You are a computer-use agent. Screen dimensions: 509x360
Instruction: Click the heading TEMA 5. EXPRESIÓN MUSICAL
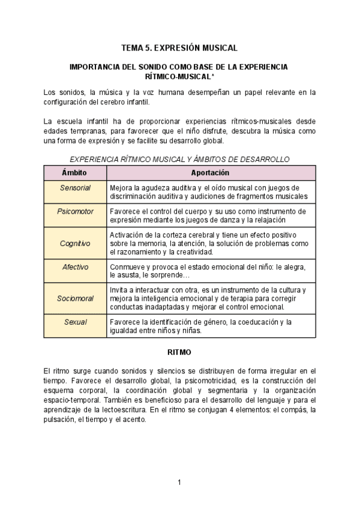[x=179, y=47]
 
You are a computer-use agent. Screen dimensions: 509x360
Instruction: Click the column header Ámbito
[x=74, y=173]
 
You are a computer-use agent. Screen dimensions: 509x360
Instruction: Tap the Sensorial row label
[x=75, y=188]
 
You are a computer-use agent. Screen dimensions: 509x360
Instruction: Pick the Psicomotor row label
[x=75, y=212]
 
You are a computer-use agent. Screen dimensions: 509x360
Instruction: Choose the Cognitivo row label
[x=75, y=244]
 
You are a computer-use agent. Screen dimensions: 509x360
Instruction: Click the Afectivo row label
[x=75, y=267]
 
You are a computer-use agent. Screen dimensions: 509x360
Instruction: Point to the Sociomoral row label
[x=75, y=298]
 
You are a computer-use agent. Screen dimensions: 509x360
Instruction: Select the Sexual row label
[x=75, y=322]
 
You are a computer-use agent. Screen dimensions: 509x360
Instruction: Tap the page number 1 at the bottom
[x=179, y=482]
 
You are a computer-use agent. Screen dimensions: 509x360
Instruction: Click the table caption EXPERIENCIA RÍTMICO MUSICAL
[x=179, y=159]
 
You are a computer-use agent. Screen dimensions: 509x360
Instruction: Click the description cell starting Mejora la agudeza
[x=209, y=192]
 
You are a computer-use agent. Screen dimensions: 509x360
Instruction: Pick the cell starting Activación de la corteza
[x=209, y=244]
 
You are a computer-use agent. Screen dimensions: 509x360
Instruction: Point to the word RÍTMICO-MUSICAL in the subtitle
[x=178, y=77]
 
